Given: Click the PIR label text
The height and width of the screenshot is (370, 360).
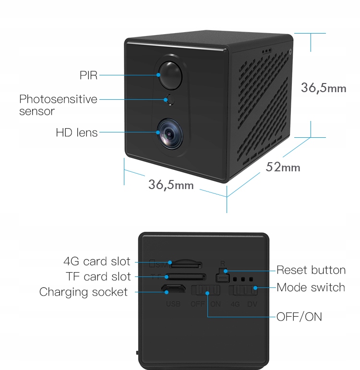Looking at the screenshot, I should tap(88, 75).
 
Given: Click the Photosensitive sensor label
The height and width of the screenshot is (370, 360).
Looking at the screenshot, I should tap(58, 105).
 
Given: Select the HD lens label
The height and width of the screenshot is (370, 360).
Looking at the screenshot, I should tap(76, 132).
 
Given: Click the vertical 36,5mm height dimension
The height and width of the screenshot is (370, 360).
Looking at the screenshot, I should tap(323, 87).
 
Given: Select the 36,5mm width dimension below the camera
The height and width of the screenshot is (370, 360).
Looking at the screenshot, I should tap(171, 184).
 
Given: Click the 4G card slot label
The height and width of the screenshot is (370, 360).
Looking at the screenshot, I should tap(97, 262).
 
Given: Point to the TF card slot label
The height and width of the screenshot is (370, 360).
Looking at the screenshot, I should tap(98, 277).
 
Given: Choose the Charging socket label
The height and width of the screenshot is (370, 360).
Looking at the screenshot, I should tap(84, 292).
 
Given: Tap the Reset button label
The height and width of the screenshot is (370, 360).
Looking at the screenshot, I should tap(311, 270).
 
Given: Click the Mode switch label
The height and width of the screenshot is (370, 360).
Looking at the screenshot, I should tap(311, 287).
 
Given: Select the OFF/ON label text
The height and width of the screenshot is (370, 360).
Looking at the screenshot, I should tap(299, 317).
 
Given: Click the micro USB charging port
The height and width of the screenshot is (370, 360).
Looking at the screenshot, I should tap(173, 290).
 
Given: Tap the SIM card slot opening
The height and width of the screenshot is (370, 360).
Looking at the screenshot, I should tap(187, 264).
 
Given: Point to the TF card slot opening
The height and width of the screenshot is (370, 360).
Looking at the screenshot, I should tap(186, 276).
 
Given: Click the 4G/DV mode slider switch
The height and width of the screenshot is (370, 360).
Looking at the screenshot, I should tap(243, 290).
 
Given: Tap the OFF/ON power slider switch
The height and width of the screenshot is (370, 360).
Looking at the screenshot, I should tap(205, 290).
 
